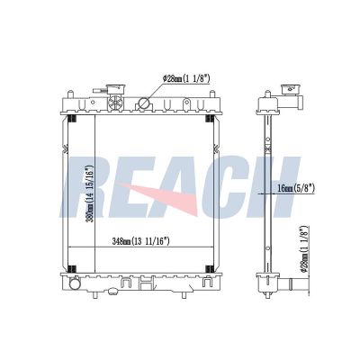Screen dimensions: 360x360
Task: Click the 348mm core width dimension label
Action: pos(140,241)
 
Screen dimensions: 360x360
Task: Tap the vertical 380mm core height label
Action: pos(90,193)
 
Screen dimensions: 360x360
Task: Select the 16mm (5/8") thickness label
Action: pos(296,188)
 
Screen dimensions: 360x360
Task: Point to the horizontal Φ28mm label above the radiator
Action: pos(186,79)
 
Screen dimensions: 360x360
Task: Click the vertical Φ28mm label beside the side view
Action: pos(305,248)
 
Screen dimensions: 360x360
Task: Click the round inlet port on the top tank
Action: pos(143,103)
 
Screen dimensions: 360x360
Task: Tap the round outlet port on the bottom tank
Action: pos(74,283)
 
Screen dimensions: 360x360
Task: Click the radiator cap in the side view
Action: pos(290,88)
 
